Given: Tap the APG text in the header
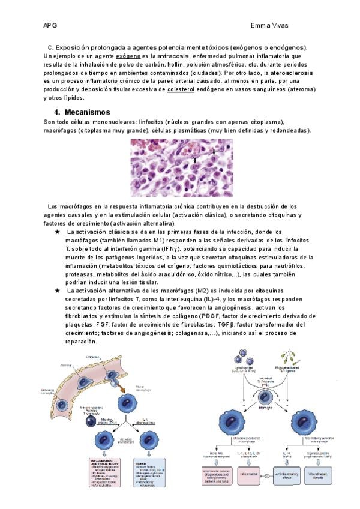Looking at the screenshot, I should (x=50, y=26).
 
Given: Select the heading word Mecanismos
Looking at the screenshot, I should (x=88, y=112).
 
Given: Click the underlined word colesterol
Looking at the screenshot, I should (x=181, y=89).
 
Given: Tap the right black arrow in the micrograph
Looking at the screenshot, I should (x=213, y=151).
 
